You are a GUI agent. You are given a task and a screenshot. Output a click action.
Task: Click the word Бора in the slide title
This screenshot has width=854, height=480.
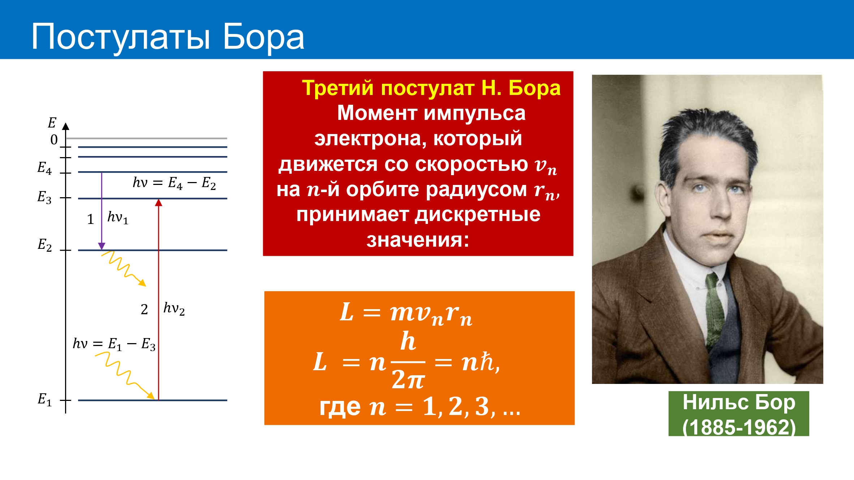263,37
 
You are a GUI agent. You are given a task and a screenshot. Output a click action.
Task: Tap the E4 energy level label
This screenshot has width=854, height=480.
44,168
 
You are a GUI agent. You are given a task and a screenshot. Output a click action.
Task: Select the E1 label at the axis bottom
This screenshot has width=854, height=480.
45,399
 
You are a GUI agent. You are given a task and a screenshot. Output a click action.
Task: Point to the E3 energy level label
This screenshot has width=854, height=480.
44,197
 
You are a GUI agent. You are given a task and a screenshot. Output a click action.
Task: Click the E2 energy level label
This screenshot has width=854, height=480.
45,245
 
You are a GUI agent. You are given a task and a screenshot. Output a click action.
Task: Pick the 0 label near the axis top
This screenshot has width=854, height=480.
54,139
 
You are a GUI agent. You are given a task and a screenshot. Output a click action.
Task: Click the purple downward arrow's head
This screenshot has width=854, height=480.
102,246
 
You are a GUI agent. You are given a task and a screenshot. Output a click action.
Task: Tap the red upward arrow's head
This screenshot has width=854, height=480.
158,203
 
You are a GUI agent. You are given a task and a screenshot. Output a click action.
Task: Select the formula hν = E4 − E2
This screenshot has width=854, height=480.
174,183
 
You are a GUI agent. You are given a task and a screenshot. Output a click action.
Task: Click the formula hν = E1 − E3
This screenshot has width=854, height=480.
114,344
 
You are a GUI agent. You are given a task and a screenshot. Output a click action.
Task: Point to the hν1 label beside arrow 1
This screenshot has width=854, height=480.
118,218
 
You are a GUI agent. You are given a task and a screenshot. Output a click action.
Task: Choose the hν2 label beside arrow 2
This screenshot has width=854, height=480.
174,309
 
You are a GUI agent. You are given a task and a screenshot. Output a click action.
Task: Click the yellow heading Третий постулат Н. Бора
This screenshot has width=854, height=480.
431,88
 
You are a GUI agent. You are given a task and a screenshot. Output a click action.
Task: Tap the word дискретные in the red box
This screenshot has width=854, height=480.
477,215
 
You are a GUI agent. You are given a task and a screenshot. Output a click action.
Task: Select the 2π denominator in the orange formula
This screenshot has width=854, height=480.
408,380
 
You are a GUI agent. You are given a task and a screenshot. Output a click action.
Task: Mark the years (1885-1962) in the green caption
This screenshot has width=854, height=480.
739,427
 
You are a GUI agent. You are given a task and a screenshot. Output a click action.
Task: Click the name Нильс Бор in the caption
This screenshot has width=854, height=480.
739,402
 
